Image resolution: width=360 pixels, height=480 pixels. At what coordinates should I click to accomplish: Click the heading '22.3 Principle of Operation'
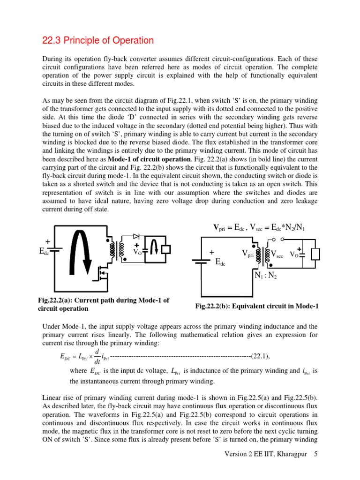tap(98, 41)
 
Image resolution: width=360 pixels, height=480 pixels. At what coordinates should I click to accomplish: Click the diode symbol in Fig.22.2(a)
tap(137, 237)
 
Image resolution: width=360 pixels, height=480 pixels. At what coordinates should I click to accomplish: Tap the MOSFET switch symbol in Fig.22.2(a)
tap(102, 274)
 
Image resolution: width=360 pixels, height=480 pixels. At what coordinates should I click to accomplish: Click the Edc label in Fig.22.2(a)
tap(44, 252)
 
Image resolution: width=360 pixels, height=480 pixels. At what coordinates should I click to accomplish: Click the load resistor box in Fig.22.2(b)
tap(316, 254)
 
